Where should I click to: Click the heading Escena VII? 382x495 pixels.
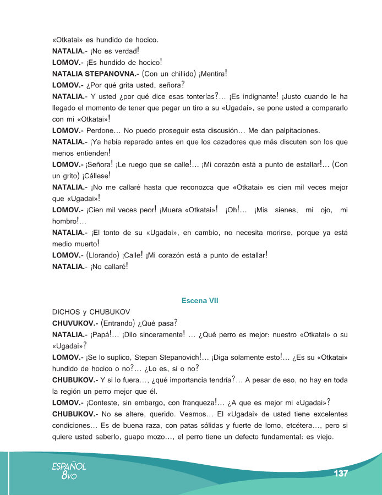click(x=200, y=301)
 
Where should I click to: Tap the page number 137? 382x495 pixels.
click(x=341, y=474)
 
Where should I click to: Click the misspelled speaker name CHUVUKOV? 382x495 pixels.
click(x=74, y=322)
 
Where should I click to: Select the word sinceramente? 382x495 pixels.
click(x=157, y=334)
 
